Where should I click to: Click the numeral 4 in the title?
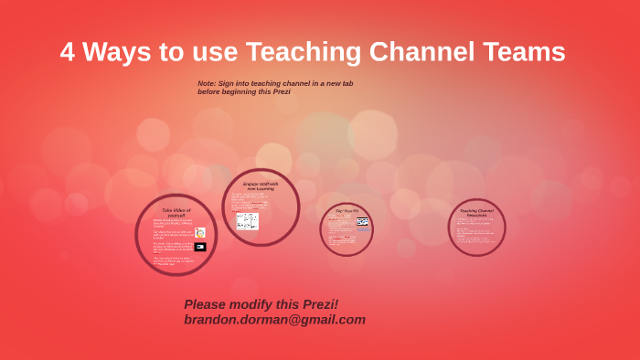click(68, 52)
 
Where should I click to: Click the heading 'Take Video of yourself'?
click(176, 213)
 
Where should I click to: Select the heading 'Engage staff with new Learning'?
click(261, 185)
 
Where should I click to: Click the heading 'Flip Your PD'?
click(347, 211)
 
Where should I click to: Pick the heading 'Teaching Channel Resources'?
click(476, 213)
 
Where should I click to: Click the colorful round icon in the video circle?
click(200, 233)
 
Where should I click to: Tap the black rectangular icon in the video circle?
click(200, 247)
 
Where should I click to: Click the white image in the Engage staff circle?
click(247, 221)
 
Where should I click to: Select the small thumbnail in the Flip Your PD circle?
click(362, 221)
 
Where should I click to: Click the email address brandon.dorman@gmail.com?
click(274, 320)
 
